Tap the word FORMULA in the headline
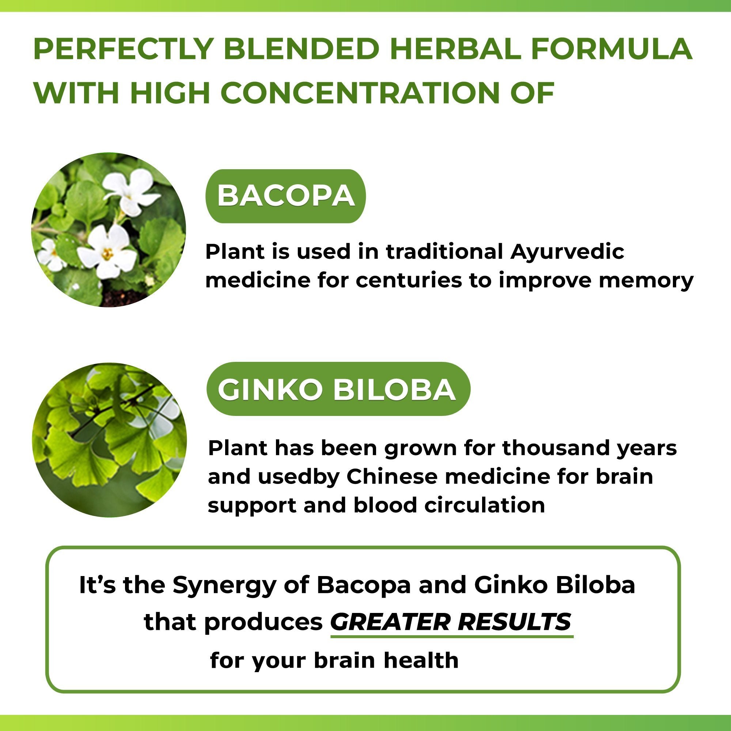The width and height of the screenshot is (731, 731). coord(611,49)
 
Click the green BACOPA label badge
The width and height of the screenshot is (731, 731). coord(286,196)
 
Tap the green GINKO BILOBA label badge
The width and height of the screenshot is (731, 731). coord(338,389)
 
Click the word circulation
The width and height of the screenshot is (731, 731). coord(485,505)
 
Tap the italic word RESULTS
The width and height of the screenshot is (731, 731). coord(514,622)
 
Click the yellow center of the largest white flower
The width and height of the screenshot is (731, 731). coord(107,254)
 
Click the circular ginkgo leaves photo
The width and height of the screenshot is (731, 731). coord(109,440)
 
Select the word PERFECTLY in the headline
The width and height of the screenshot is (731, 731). coord(123,49)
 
